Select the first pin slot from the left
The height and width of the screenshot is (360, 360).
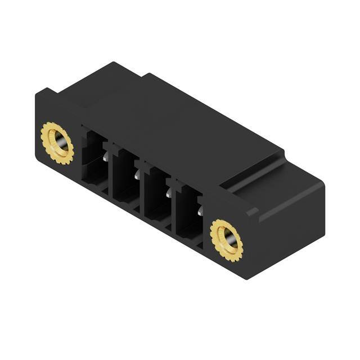click(94, 160)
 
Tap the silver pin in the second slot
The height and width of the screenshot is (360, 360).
click(136, 176)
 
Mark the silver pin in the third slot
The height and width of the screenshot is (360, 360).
click(168, 193)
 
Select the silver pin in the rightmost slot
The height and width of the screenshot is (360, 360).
click(200, 211)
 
